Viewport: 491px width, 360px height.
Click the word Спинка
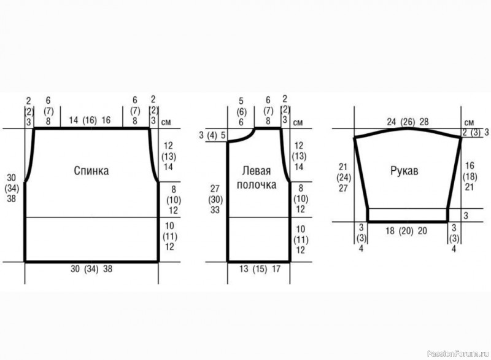click(x=91, y=171)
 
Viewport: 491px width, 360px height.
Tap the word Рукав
click(x=404, y=171)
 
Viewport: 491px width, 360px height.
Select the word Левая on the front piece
click(x=257, y=171)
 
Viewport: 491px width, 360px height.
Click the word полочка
click(x=257, y=185)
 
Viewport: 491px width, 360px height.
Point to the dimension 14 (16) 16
click(x=90, y=120)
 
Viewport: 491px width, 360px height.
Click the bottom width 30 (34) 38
click(x=91, y=269)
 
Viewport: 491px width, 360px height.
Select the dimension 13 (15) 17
click(x=260, y=269)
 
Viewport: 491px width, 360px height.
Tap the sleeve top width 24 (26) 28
click(x=408, y=122)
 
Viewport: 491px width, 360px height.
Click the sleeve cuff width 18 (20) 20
click(x=406, y=231)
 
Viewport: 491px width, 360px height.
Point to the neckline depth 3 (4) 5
click(x=212, y=136)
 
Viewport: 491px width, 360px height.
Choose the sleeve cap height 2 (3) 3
click(x=476, y=132)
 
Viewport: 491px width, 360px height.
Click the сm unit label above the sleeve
click(x=469, y=122)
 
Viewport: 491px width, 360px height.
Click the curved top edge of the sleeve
click(x=408, y=128)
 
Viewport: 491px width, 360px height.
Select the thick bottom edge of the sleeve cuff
click(x=408, y=222)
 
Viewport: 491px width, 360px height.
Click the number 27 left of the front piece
click(x=215, y=189)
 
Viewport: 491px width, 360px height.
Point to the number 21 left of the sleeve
click(x=343, y=166)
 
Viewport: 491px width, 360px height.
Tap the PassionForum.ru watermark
click(x=457, y=353)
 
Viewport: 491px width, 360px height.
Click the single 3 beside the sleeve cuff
click(x=466, y=216)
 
